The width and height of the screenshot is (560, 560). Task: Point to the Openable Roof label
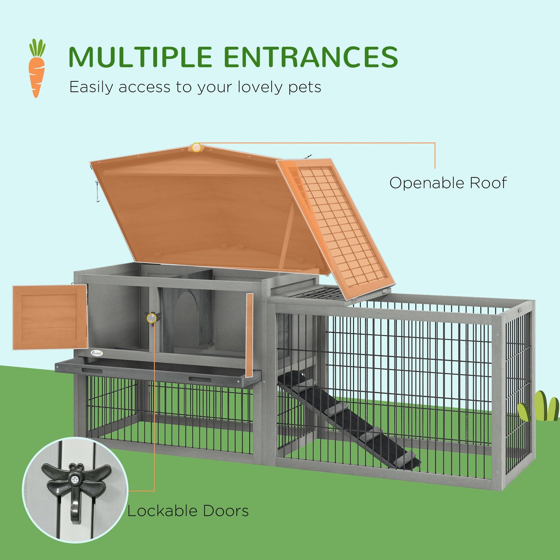pos(448,183)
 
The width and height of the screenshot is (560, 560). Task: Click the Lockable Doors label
pos(188,511)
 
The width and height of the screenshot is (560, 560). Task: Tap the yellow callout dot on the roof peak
pos(196,147)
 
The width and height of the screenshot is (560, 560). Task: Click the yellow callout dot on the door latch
pos(152,318)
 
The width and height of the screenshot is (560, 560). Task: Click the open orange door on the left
pos(49,317)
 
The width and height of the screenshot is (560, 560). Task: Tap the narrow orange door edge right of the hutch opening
pos(249,335)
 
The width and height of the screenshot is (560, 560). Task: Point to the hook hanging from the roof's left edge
pos(97,196)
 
